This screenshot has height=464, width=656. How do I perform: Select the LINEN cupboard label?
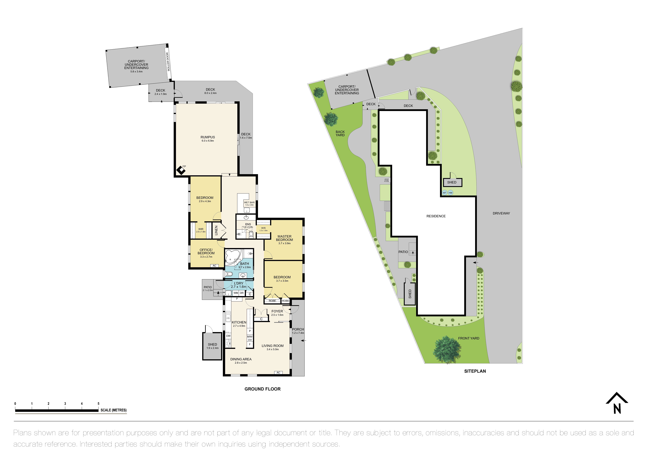216,230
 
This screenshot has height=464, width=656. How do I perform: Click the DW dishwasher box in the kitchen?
228,336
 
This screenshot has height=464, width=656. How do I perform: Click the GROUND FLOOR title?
262,389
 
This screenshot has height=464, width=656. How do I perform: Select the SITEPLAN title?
475,371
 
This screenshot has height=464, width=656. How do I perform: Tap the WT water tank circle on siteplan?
445,193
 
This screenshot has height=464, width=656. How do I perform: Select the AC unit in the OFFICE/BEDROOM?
214,266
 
